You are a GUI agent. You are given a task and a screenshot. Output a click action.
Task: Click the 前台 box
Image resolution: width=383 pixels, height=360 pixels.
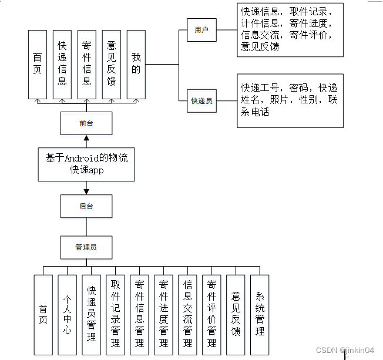pyautogui.click(x=86, y=123)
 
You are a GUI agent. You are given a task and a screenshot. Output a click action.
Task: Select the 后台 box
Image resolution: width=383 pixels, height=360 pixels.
pyautogui.click(x=86, y=206)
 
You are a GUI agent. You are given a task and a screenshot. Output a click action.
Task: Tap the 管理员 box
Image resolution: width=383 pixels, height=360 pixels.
pyautogui.click(x=86, y=247)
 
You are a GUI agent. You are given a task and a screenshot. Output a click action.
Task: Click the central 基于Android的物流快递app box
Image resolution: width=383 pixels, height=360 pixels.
pyautogui.click(x=87, y=164)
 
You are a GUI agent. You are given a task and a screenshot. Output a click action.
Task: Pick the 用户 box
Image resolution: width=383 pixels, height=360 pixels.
pyautogui.click(x=201, y=30)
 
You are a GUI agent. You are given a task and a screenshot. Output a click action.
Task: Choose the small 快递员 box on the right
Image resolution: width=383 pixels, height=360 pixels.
pyautogui.click(x=201, y=100)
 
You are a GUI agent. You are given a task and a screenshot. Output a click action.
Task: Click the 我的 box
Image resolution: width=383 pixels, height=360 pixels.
pyautogui.click(x=136, y=64)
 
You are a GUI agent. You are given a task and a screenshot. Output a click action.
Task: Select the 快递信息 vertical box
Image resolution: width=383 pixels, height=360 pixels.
pyautogui.click(x=62, y=64)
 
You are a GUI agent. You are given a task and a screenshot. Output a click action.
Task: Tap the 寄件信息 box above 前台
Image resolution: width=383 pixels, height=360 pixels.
pyautogui.click(x=87, y=64)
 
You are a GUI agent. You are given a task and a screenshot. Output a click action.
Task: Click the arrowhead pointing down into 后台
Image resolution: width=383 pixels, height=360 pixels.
pyautogui.click(x=86, y=191)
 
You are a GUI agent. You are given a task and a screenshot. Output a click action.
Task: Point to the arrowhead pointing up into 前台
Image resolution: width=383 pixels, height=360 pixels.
pyautogui.click(x=86, y=139)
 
